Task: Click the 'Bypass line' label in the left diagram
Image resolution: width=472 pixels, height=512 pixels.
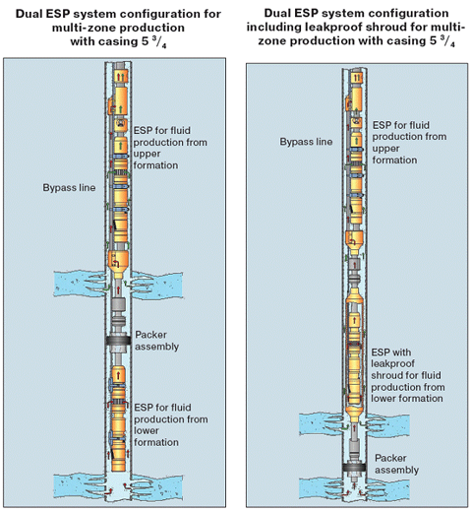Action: coord(69,188)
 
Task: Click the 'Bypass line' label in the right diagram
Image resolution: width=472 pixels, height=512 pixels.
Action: coord(306,142)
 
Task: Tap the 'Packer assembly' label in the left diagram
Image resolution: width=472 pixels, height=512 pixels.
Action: coord(157,341)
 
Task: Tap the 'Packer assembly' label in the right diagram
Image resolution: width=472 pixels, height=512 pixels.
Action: coord(396,464)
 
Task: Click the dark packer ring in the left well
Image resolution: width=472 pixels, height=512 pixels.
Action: coord(118,341)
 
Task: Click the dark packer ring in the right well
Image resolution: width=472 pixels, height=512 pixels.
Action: coord(354,468)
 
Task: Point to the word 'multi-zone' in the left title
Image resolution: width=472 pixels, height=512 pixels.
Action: coord(84,28)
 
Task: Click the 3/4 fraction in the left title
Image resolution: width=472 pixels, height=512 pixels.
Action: coord(160,42)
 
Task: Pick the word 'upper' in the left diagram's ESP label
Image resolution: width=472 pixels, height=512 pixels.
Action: coord(147,154)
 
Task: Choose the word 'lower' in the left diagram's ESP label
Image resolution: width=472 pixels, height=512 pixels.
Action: coord(147,430)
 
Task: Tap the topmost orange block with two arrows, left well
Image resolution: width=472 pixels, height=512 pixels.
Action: coord(121,77)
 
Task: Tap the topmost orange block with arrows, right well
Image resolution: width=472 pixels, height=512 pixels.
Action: coord(356,77)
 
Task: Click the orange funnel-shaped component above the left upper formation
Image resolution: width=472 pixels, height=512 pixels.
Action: coord(118,264)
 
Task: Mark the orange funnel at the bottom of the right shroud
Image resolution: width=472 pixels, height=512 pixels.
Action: coord(354,415)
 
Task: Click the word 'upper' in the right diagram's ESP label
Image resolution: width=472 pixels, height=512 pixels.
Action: coord(385,149)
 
